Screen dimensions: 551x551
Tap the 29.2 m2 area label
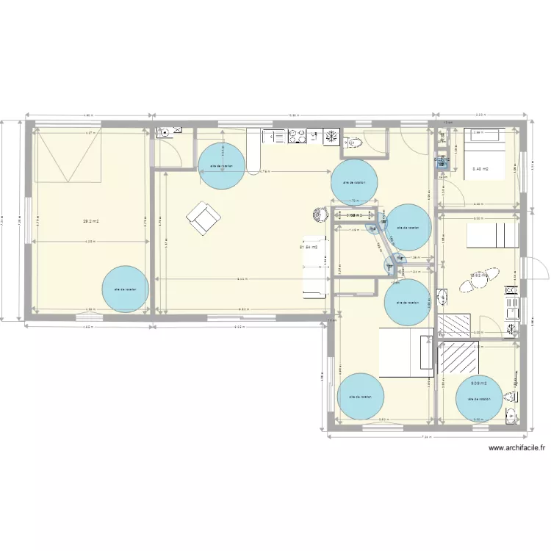pos(91,220)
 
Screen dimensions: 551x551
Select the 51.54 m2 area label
pos(309,247)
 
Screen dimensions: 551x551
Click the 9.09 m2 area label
pos(479,383)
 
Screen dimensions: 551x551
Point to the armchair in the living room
pos(202,217)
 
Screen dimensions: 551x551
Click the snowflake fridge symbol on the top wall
pos(332,136)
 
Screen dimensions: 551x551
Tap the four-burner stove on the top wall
pos(298,136)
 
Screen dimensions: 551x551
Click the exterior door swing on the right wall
pos(537,269)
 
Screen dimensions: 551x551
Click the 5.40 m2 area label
pos(481,168)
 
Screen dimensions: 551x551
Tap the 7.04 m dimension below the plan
pos(426,438)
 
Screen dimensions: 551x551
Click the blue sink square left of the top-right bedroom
pos(442,165)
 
